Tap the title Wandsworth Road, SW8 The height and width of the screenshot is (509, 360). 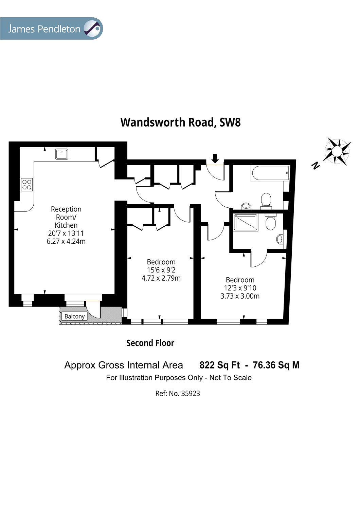180,122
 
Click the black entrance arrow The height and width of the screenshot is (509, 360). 215,158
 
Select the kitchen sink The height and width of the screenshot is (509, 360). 62,154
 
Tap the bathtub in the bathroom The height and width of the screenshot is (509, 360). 270,173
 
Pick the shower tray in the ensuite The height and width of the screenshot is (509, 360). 246,223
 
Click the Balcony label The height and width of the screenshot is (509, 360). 74,316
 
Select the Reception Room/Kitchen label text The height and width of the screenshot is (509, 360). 66,217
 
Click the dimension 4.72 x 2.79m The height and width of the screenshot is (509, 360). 161,278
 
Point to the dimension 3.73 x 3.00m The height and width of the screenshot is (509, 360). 240,296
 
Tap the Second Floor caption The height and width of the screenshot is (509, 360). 150,343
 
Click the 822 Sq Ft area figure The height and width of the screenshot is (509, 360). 219,365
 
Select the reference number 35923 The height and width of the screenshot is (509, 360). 191,394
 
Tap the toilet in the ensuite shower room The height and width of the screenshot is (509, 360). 270,222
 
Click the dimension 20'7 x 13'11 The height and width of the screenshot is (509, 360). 66,233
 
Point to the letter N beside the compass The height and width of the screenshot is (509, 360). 316,166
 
